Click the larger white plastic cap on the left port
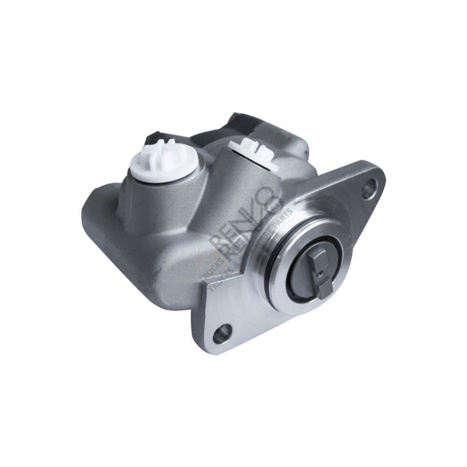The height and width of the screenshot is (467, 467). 164,161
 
